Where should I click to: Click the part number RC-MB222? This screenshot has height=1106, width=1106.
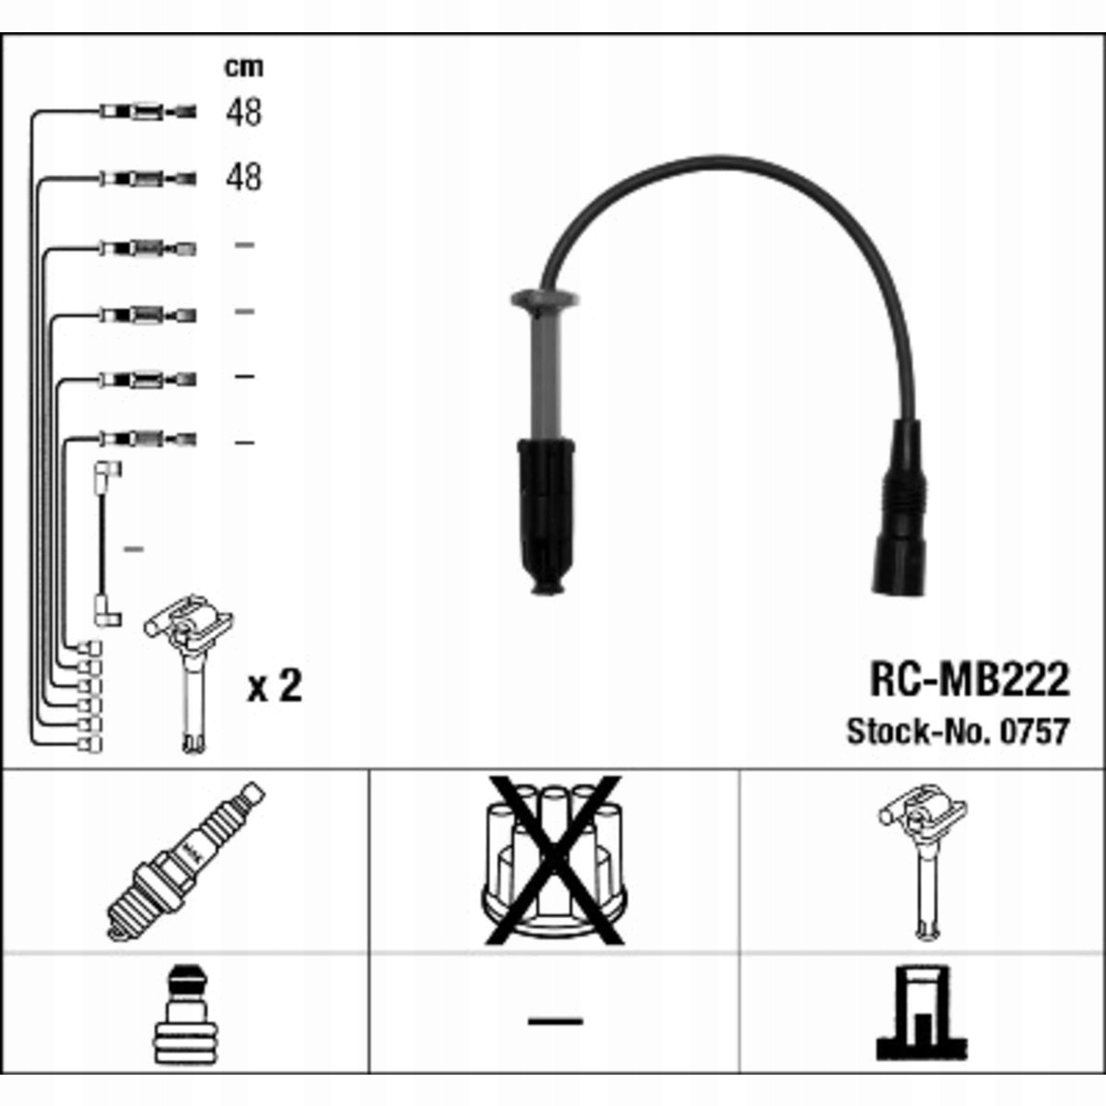pyautogui.click(x=969, y=680)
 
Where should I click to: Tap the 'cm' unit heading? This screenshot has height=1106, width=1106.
pyautogui.click(x=243, y=66)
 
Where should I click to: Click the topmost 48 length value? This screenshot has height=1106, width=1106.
pyautogui.click(x=243, y=112)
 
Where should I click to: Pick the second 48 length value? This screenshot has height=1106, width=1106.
pyautogui.click(x=243, y=177)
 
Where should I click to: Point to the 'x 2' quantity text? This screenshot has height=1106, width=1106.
pyautogui.click(x=274, y=687)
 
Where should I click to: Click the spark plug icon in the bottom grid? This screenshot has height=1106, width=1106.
pyautogui.click(x=185, y=861)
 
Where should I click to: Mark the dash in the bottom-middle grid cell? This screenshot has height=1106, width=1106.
pyautogui.click(x=555, y=1020)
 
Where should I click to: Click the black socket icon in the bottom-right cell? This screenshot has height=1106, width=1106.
pyautogui.click(x=922, y=1014)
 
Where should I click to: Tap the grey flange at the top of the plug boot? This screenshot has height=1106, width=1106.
pyautogui.click(x=544, y=299)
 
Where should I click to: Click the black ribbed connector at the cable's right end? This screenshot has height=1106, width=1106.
pyautogui.click(x=896, y=507)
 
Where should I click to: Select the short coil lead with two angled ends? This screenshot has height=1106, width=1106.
pyautogui.click(x=103, y=544)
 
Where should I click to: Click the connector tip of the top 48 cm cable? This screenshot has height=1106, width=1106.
pyautogui.click(x=184, y=112)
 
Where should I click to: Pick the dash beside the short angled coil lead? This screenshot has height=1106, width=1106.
pyautogui.click(x=134, y=549)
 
